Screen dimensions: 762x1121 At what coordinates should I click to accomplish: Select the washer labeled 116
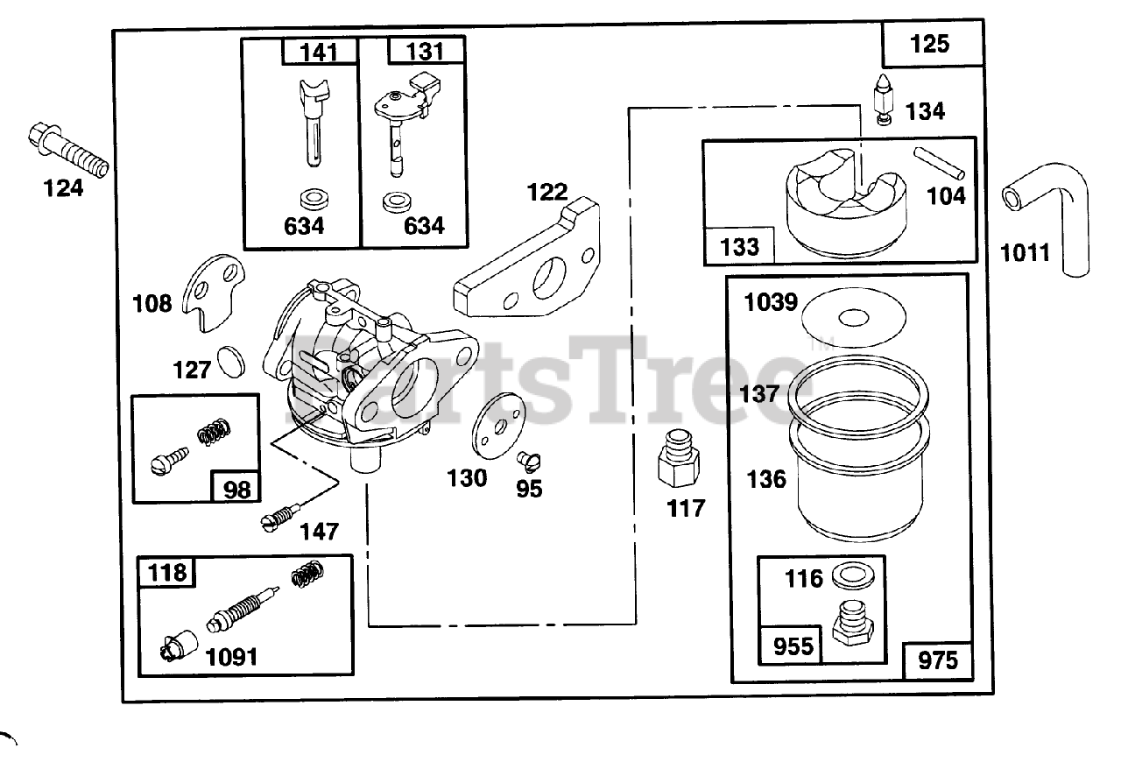coord(846,578)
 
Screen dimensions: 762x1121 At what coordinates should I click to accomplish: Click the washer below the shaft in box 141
coord(311,195)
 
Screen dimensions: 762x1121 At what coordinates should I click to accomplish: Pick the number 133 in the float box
coord(739,246)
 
